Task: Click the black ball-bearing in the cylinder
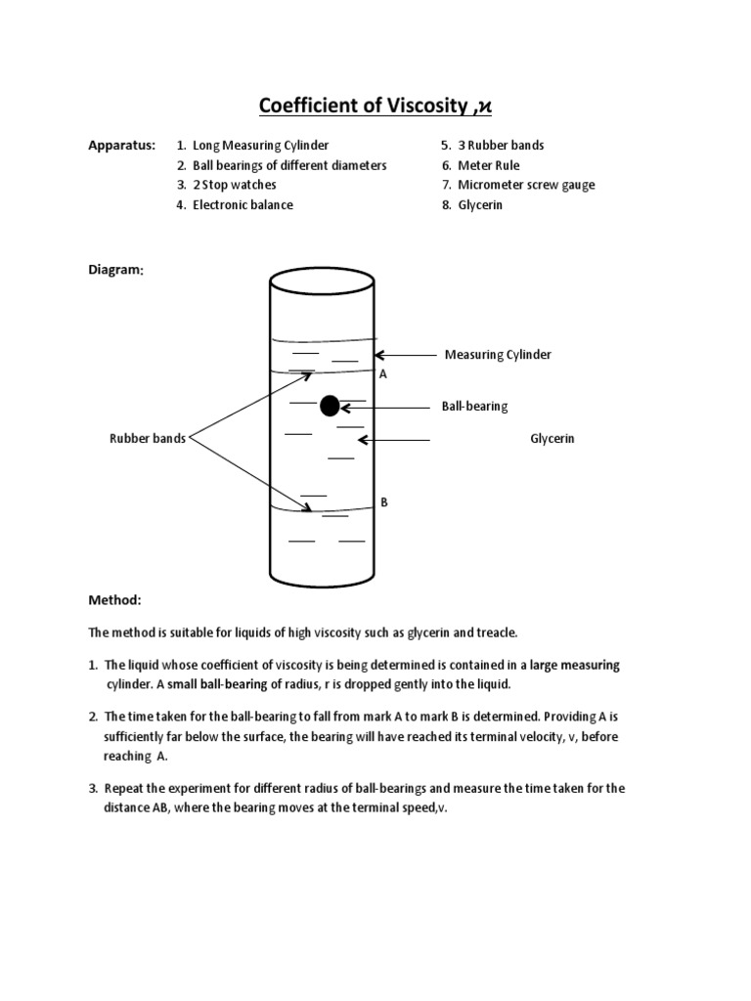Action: click(x=330, y=406)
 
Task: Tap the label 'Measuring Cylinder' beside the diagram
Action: click(x=498, y=355)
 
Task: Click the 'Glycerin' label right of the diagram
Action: click(x=552, y=439)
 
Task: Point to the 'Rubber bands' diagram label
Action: click(x=147, y=439)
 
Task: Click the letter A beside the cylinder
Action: click(x=382, y=374)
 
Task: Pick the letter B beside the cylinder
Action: click(x=384, y=501)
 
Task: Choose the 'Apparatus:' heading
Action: click(x=121, y=146)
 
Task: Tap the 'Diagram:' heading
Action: click(x=116, y=270)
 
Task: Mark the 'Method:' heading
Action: click(x=114, y=599)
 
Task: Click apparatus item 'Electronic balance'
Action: click(x=243, y=205)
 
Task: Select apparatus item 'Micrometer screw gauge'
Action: click(x=525, y=185)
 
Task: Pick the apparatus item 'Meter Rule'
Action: click(x=488, y=165)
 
